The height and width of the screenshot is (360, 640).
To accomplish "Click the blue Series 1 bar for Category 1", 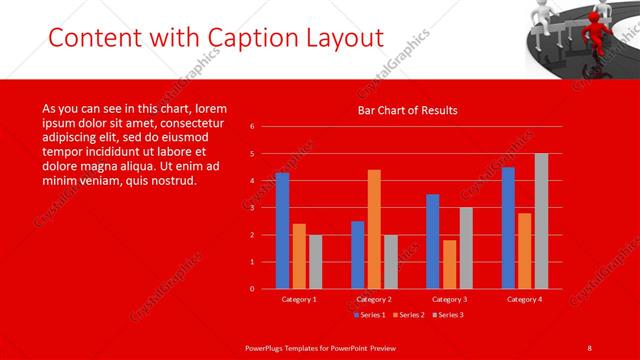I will pyautogui.click(x=282, y=231).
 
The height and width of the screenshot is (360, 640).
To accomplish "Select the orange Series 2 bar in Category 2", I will pyautogui.click(x=374, y=229).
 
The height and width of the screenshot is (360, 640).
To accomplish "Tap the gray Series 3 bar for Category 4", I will pyautogui.click(x=541, y=221).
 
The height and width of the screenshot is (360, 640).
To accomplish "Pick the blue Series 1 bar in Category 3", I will pyautogui.click(x=433, y=241).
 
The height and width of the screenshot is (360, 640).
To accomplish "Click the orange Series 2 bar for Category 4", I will pyautogui.click(x=525, y=251).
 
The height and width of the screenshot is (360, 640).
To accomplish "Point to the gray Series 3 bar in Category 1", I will pyautogui.click(x=315, y=262).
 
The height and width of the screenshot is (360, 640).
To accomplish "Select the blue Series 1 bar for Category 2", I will pyautogui.click(x=358, y=255).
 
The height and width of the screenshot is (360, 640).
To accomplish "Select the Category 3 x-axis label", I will pyautogui.click(x=449, y=299).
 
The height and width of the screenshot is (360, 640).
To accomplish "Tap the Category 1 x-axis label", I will pyautogui.click(x=298, y=299).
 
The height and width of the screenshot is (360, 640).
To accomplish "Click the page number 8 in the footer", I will pyautogui.click(x=590, y=347).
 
